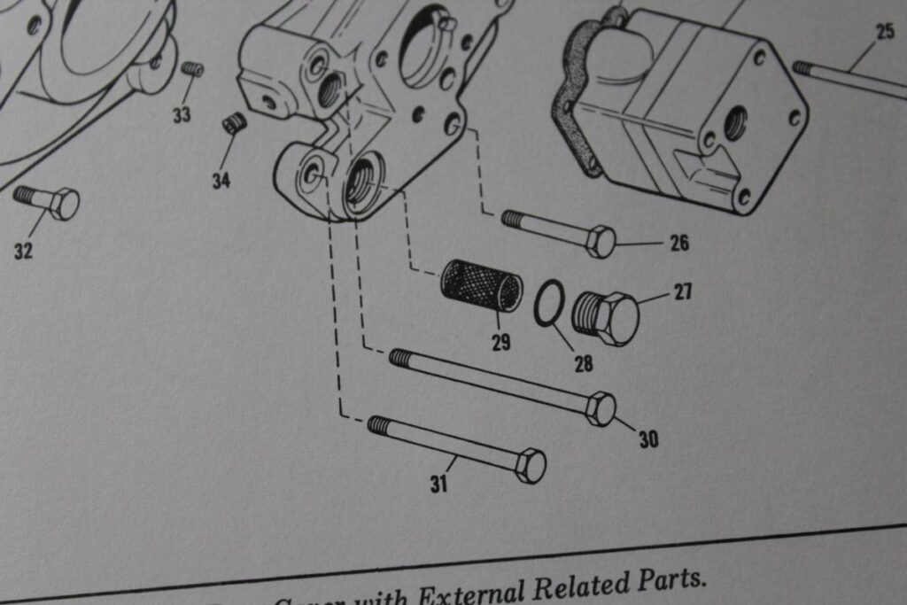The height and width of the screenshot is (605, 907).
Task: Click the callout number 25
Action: click(x=885, y=32)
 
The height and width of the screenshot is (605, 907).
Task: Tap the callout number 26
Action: click(x=678, y=243)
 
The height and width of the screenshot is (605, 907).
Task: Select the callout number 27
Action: click(x=682, y=291)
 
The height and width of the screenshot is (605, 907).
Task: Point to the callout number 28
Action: click(x=583, y=363)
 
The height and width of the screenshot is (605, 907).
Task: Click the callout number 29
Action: click(x=501, y=342)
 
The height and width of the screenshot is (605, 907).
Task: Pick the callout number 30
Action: click(x=648, y=438)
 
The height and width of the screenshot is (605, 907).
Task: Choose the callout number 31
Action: click(x=439, y=484)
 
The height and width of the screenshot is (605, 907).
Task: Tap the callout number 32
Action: click(x=24, y=251)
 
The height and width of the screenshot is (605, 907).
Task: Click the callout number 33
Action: click(x=182, y=114)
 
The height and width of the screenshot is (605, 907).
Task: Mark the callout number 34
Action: click(x=221, y=181)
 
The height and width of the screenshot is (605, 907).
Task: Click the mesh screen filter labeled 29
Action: click(x=481, y=286)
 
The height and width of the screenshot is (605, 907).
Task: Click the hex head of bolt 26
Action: click(x=601, y=241)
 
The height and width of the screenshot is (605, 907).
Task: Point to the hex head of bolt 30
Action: click(x=601, y=408)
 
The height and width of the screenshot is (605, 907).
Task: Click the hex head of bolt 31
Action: click(x=530, y=465)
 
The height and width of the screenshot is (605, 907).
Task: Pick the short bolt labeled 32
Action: click(x=49, y=201)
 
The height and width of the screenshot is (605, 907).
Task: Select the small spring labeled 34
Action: click(x=234, y=123)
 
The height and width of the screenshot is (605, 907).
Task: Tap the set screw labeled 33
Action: click(x=192, y=68)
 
